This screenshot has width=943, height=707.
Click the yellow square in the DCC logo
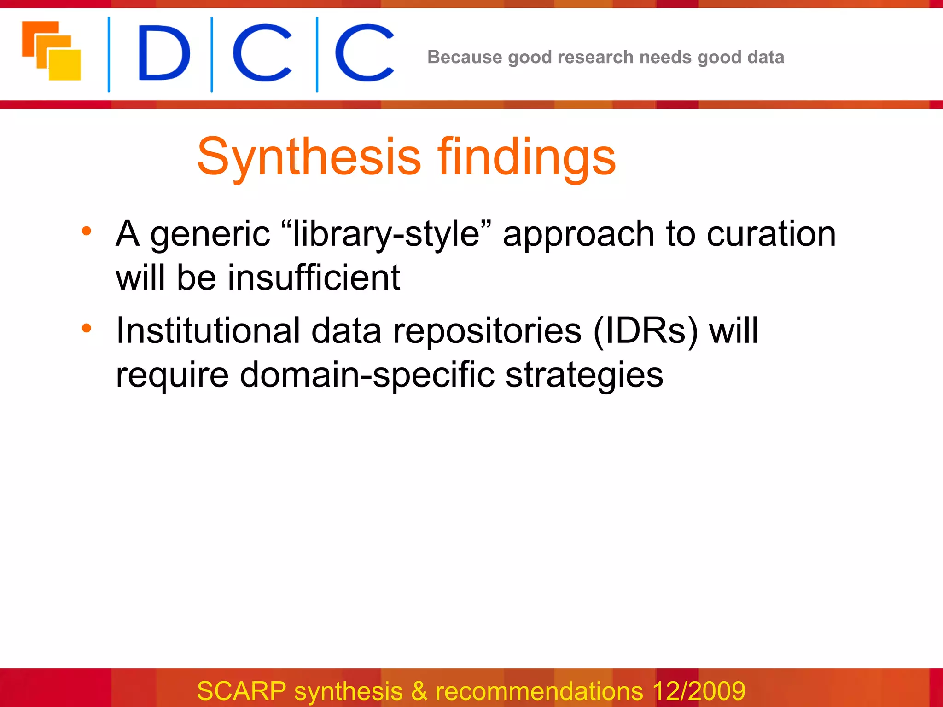pos(65,65)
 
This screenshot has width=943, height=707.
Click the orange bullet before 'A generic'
pos(87,231)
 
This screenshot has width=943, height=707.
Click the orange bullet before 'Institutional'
pos(87,328)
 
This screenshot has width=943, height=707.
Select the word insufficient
pos(314,278)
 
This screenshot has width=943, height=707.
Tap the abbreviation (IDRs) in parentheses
pos(646,330)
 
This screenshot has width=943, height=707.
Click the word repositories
pos(487,330)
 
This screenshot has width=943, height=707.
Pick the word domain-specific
pos(367,375)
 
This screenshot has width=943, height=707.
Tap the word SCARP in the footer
pos(241,690)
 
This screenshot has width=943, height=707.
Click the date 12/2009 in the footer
pos(699,690)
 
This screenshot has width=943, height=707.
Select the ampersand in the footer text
pos(419,690)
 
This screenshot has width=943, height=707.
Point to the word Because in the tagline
pos(465,57)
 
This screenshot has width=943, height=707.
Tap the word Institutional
pos(208,330)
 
